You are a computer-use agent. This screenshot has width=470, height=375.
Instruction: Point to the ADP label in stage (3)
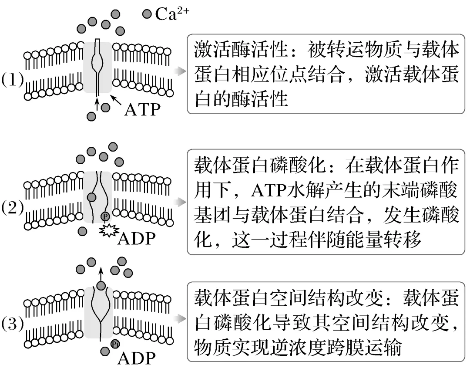(x=137, y=358)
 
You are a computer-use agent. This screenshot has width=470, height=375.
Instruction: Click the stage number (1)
(x=13, y=81)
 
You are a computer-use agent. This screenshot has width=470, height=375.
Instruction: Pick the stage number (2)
(x=13, y=207)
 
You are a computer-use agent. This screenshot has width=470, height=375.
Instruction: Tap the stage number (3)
(x=13, y=324)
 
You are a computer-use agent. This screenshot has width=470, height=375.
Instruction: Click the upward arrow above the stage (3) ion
(x=101, y=274)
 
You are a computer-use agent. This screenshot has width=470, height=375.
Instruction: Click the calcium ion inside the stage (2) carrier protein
(x=91, y=197)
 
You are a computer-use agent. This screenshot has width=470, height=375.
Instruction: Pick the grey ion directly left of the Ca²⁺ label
(x=147, y=14)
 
